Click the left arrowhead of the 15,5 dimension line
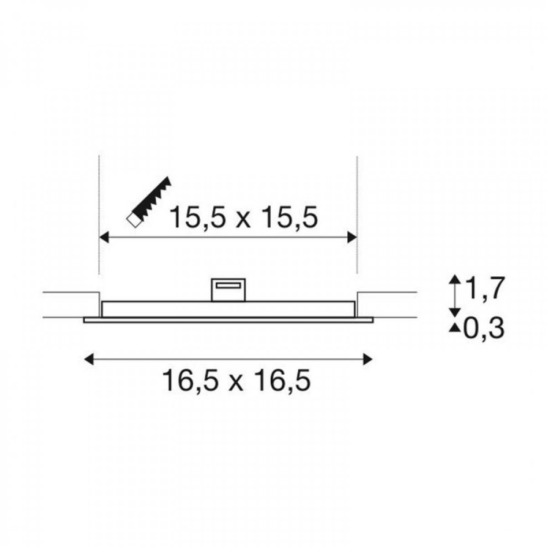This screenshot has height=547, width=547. tap(104, 237)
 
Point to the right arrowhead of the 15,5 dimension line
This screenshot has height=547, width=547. tap(352, 237)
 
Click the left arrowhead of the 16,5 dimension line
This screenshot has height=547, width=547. tap(89, 359)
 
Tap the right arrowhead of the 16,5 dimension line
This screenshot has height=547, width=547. tap(367, 359)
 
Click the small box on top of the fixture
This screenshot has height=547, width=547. tap(228, 289)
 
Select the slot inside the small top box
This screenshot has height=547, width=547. tap(228, 285)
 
